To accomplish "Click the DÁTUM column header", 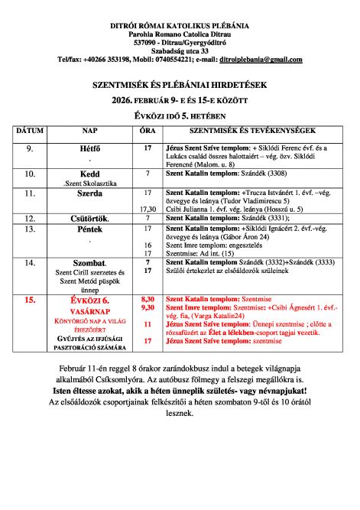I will click(30, 132).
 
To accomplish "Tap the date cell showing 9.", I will click(30, 147).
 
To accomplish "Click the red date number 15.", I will click(30, 300).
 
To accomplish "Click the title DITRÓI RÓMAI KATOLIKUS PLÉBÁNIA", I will click(180, 26).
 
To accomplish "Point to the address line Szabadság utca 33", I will click(180, 50).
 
